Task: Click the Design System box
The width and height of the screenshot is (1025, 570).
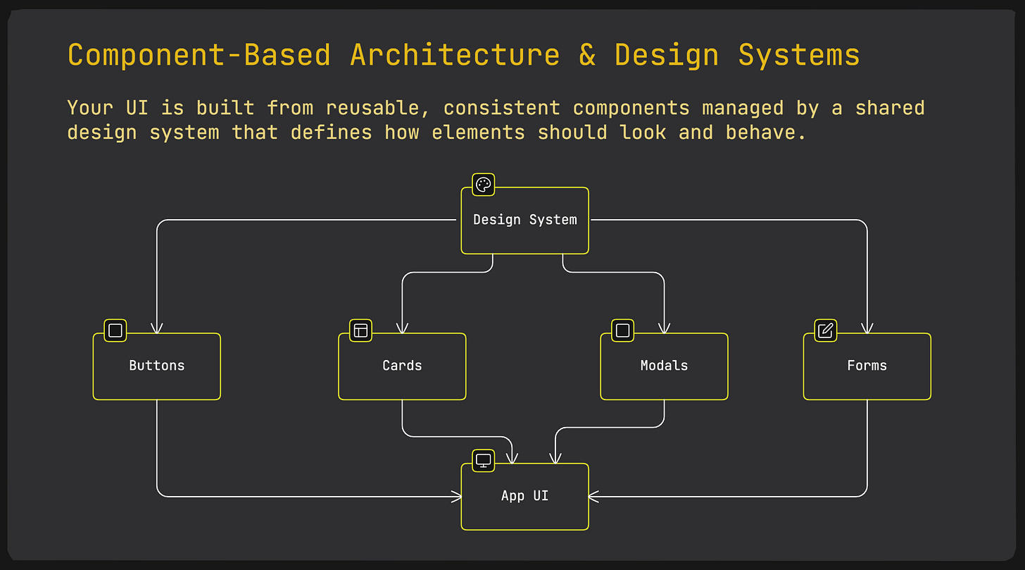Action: pyautogui.click(x=524, y=221)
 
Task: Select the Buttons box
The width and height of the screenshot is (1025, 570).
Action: pyautogui.click(x=156, y=366)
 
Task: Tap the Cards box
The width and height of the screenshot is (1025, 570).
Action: pyautogui.click(x=402, y=366)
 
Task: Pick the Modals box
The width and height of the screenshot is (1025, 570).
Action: pyautogui.click(x=664, y=366)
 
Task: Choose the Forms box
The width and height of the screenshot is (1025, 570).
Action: pyautogui.click(x=867, y=366)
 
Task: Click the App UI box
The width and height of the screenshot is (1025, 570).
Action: pyautogui.click(x=524, y=497)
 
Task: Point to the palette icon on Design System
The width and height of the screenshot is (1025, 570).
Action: pyautogui.click(x=483, y=185)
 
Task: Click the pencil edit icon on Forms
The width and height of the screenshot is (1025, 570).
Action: pyautogui.click(x=826, y=330)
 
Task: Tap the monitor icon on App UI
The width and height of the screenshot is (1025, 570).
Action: pyautogui.click(x=483, y=461)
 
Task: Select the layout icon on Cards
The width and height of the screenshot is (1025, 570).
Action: pyautogui.click(x=360, y=330)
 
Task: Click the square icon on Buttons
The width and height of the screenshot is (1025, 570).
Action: pyautogui.click(x=115, y=330)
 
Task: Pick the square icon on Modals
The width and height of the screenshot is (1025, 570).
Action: pyautogui.click(x=622, y=330)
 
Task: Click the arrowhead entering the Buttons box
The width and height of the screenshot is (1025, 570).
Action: pyautogui.click(x=156, y=328)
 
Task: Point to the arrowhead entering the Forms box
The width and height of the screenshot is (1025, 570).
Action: pyautogui.click(x=867, y=328)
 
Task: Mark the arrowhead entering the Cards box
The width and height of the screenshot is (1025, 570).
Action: pyautogui.click(x=402, y=328)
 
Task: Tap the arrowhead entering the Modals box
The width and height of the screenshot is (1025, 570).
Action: pyautogui.click(x=664, y=328)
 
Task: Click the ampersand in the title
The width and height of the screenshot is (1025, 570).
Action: pyautogui.click(x=587, y=55)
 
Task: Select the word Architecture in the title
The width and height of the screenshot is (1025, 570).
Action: pyautogui.click(x=455, y=55)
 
